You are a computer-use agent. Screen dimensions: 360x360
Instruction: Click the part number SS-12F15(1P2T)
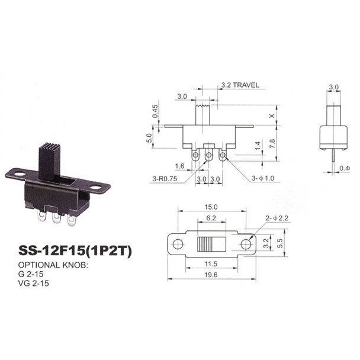[x=75, y=251]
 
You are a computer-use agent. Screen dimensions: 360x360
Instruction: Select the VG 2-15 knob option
[x=33, y=284]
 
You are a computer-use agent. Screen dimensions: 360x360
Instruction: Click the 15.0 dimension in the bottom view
[x=211, y=208]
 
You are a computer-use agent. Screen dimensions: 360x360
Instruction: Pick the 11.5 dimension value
[x=211, y=262]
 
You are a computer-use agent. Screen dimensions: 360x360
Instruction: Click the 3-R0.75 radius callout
[x=165, y=178]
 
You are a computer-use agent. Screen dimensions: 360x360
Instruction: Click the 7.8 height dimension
[x=272, y=143]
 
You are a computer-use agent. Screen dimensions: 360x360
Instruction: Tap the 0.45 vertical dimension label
[x=155, y=110]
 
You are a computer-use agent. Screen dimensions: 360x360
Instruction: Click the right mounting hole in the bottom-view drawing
[x=246, y=244]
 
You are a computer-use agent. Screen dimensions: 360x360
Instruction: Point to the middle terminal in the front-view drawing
[x=208, y=155]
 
